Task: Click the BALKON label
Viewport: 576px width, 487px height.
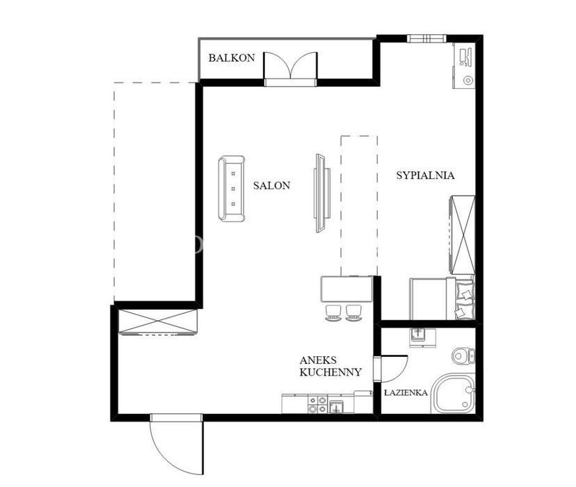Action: coord(232,58)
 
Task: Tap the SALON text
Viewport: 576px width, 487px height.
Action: coord(271,186)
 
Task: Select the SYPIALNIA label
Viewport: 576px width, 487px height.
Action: coord(425,175)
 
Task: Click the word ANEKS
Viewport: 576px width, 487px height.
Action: coord(318,360)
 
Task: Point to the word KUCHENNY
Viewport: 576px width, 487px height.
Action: coord(330,372)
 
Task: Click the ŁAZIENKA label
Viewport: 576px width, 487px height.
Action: coord(406,392)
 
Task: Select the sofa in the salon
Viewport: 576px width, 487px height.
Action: coord(232,189)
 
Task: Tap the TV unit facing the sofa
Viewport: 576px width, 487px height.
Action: coord(321,193)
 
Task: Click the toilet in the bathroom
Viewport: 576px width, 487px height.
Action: coord(463,355)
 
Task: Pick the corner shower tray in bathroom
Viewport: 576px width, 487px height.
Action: coord(454,394)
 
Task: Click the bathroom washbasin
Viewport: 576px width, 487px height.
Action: coord(423,337)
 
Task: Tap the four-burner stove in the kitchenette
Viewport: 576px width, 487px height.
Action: coord(317,404)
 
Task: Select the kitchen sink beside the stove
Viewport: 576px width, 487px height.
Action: coord(337,406)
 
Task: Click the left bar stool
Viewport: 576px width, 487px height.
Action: coord(333,313)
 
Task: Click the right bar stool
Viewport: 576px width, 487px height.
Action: coord(354,313)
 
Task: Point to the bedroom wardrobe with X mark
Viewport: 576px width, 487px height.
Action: coord(463,235)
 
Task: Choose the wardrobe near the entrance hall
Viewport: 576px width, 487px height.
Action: coord(158,322)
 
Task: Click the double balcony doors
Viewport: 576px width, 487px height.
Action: coord(291,68)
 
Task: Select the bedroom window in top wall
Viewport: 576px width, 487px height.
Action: coord(426,38)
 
